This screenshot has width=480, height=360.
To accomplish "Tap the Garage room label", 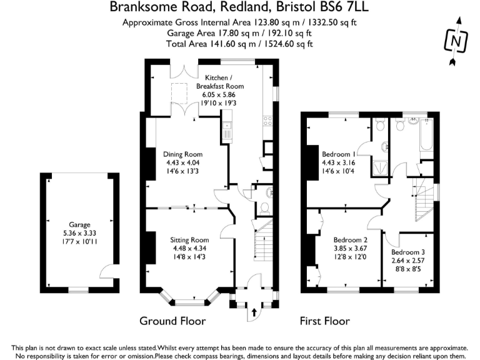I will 80,224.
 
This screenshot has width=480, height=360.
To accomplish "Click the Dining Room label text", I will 182,154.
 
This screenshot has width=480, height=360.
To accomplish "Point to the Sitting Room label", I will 189,239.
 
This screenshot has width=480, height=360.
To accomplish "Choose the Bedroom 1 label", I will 339,154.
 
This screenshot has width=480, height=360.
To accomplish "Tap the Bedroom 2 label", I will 350,239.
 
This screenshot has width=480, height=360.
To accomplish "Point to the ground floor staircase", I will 262,241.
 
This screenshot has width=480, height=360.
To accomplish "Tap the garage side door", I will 107,272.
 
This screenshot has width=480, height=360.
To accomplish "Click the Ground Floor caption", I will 172,321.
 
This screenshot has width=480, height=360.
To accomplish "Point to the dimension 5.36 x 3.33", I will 80,232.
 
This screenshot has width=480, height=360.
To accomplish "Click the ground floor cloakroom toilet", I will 264,206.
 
